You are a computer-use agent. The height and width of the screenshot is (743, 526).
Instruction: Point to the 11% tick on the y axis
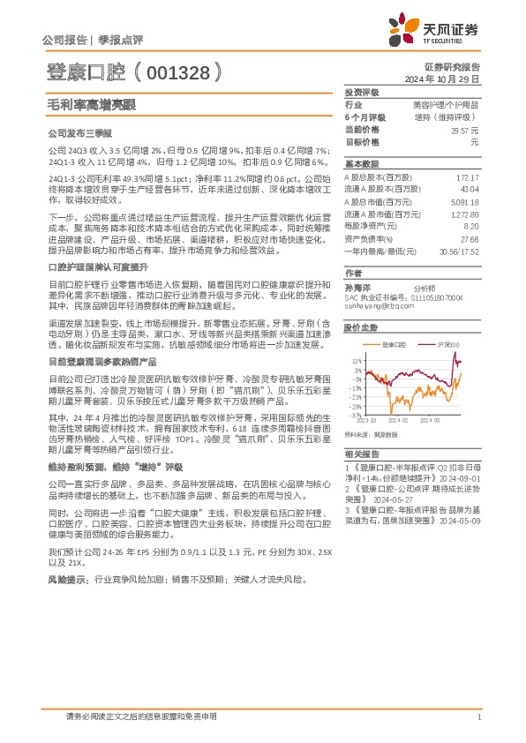pos(356,362)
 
